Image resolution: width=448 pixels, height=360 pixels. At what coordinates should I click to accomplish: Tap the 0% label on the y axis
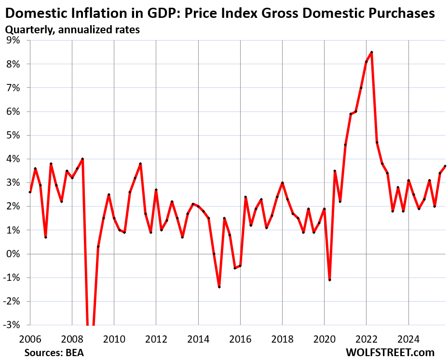click(13, 254)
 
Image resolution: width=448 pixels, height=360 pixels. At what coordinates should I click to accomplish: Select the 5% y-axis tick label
click(13, 135)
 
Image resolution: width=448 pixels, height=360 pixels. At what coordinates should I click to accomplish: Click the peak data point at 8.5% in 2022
click(371, 52)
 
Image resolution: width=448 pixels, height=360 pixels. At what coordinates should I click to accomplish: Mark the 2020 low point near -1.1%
click(329, 280)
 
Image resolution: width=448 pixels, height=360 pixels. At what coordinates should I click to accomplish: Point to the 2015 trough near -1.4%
click(219, 287)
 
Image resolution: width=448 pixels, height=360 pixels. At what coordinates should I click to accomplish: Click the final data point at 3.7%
click(445, 166)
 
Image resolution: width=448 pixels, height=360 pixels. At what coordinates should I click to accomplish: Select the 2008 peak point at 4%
click(82, 159)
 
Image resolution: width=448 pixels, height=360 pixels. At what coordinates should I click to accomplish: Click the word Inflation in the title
click(92, 14)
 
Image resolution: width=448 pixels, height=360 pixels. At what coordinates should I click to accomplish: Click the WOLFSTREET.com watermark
click(390, 352)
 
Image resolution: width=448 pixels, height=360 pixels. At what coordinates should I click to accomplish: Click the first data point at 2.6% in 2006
click(30, 192)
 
